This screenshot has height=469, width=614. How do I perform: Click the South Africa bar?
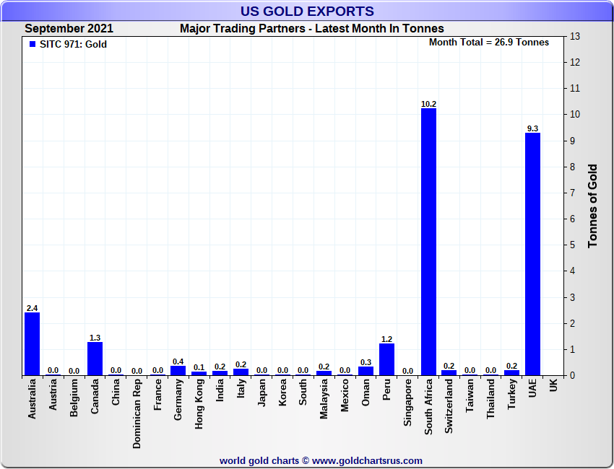click(428, 242)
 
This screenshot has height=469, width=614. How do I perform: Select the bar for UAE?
click(532, 254)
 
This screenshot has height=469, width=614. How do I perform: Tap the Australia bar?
click(32, 343)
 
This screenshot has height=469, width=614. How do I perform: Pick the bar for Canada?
click(95, 358)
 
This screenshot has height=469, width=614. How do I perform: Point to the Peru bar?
click(386, 359)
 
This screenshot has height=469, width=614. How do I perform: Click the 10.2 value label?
click(428, 104)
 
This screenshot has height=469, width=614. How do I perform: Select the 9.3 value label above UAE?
click(532, 128)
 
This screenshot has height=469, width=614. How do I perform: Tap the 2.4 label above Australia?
click(32, 308)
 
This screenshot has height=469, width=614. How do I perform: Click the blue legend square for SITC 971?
click(33, 44)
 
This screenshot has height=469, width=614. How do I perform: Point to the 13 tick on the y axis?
click(575, 36)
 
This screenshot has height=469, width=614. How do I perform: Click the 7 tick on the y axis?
click(574, 193)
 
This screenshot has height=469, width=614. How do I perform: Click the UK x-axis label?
click(553, 386)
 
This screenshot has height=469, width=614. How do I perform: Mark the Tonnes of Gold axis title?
click(593, 206)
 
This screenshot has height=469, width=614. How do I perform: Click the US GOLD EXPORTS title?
click(307, 11)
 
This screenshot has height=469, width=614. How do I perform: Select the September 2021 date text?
click(69, 29)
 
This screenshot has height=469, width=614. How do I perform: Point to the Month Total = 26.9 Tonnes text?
click(488, 42)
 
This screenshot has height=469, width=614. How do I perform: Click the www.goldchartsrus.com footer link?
click(367, 460)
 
